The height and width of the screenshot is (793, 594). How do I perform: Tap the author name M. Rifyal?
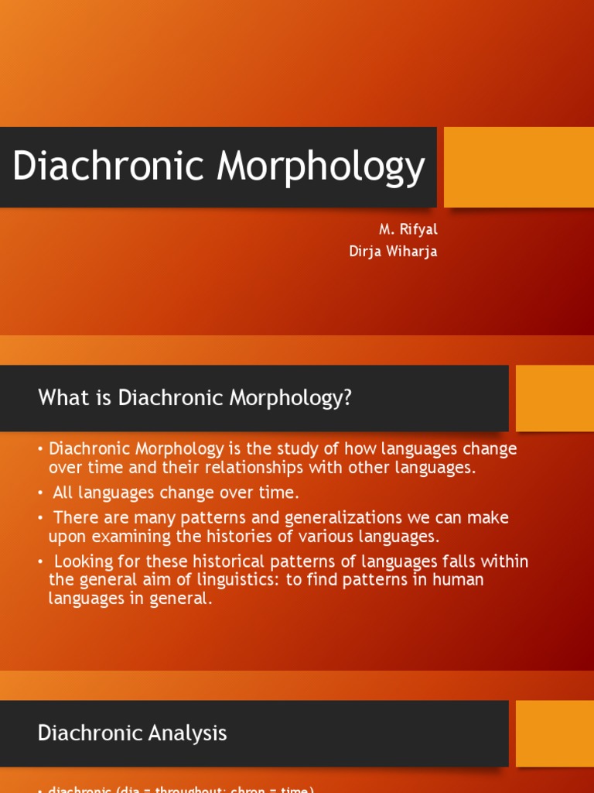408,230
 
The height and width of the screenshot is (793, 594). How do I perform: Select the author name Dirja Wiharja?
393,252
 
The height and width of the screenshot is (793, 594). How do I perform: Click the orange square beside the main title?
518,167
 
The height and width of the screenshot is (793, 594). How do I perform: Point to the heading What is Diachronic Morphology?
195,398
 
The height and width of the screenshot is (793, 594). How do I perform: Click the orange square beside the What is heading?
554,398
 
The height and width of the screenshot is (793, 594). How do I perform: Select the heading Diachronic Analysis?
132,733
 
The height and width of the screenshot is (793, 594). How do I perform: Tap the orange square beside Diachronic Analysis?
554,733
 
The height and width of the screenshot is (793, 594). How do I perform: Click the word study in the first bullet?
273,449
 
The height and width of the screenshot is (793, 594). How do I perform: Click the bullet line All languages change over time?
176,493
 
